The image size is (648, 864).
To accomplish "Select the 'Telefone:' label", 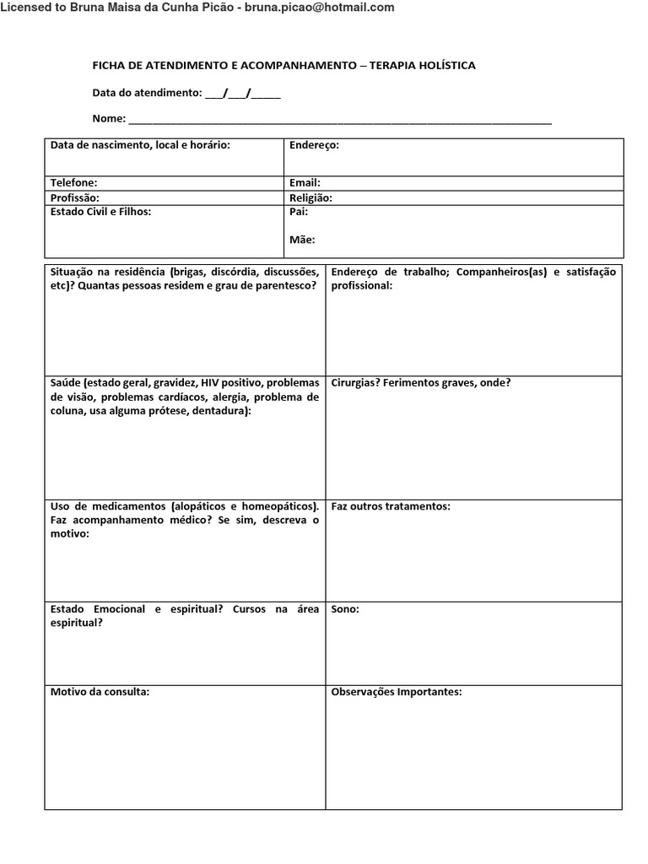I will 73,182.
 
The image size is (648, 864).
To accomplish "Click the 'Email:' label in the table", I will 305,182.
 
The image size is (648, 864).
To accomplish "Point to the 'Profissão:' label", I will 74,197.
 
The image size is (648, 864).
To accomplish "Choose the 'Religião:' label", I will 310,197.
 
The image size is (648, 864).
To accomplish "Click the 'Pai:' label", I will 298,212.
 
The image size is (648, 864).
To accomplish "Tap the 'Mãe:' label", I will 302,240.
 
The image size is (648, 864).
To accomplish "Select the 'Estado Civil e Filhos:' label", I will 100,212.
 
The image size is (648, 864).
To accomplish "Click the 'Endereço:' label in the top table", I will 314,145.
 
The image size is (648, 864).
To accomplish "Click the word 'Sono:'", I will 345,609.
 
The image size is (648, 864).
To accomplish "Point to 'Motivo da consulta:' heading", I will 100,692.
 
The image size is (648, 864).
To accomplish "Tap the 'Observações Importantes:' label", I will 397,692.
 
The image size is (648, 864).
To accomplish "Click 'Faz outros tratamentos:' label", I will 391,506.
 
